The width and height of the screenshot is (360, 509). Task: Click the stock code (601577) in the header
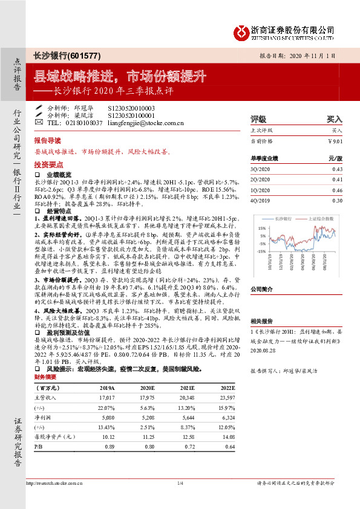point(87,55)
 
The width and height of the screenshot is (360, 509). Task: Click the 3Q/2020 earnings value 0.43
point(337,169)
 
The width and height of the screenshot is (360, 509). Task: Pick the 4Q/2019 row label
point(258,200)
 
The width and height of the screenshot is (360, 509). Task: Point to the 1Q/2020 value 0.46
point(337,190)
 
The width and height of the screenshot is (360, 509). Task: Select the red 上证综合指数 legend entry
point(320,219)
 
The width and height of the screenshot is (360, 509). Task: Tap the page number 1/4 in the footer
point(180,483)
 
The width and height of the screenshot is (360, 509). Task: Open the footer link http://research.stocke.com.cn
point(62,484)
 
